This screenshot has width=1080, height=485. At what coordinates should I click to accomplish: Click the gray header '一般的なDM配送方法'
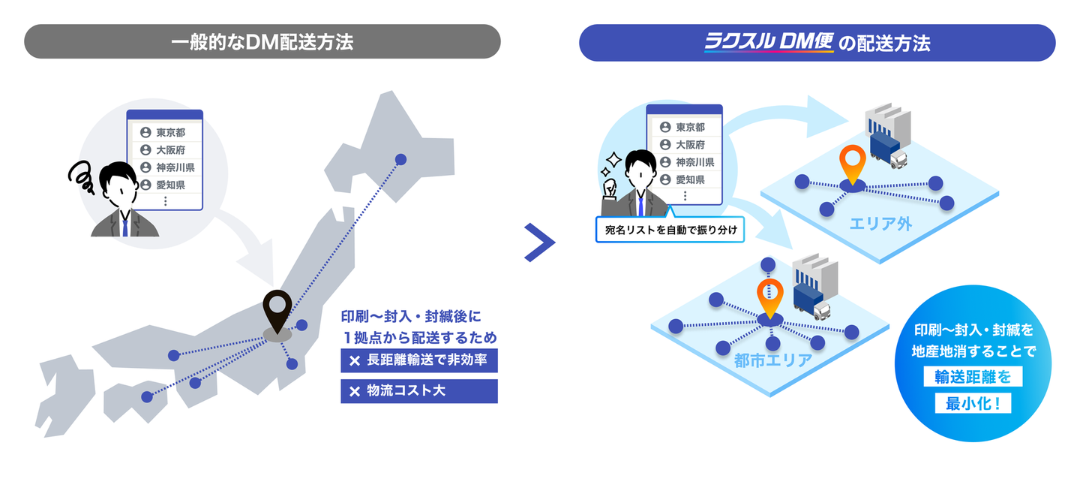(x=262, y=42)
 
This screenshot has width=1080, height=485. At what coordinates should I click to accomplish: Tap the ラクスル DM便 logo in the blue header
(x=768, y=42)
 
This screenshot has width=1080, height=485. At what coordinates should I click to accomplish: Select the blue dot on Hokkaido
(x=400, y=159)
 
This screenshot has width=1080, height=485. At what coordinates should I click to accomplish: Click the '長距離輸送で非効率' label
(x=418, y=360)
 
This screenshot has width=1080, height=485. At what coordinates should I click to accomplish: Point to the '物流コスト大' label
(x=418, y=391)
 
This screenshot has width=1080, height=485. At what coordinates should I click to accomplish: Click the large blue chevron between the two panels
(x=539, y=242)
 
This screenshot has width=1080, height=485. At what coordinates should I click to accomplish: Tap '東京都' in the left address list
(x=170, y=132)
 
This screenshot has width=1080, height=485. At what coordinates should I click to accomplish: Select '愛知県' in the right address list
(x=689, y=179)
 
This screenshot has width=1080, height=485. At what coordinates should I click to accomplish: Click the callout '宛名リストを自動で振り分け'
(x=670, y=230)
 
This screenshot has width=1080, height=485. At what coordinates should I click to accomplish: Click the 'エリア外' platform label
(x=880, y=222)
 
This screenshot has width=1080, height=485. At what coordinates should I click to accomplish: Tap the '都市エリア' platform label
(x=772, y=360)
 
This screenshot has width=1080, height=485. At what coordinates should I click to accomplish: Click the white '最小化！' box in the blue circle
(x=973, y=403)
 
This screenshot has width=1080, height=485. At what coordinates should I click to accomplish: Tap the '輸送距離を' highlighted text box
(x=973, y=376)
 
